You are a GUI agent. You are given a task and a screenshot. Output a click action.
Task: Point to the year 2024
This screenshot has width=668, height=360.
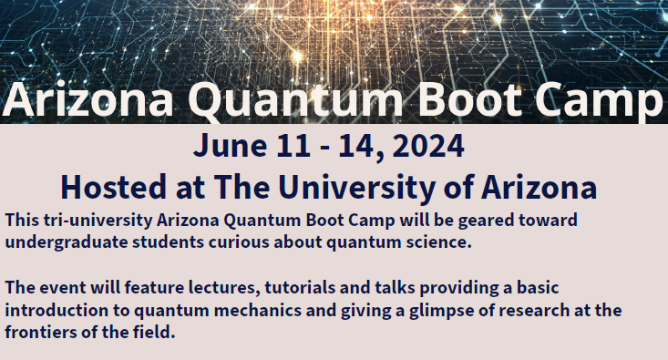tap(427, 146)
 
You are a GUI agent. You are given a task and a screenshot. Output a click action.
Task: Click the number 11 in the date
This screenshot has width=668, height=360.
tap(289, 146)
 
